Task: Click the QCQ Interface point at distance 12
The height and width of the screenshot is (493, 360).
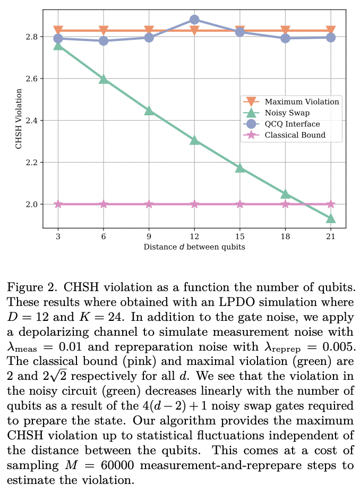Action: [x=194, y=20]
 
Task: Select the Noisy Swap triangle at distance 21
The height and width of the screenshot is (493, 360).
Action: [x=330, y=218]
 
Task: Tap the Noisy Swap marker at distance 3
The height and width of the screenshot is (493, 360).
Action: [x=58, y=46]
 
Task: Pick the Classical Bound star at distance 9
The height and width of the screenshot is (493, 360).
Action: [x=149, y=204]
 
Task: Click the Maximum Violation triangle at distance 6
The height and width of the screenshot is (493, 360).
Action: [x=104, y=31]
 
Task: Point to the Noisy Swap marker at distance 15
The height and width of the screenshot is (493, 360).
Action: [x=240, y=168]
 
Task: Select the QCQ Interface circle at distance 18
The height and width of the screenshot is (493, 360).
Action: [x=285, y=38]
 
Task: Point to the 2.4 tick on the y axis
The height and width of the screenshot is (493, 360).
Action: [x=32, y=121]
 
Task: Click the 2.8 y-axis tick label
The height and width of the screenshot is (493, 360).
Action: [x=32, y=37]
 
